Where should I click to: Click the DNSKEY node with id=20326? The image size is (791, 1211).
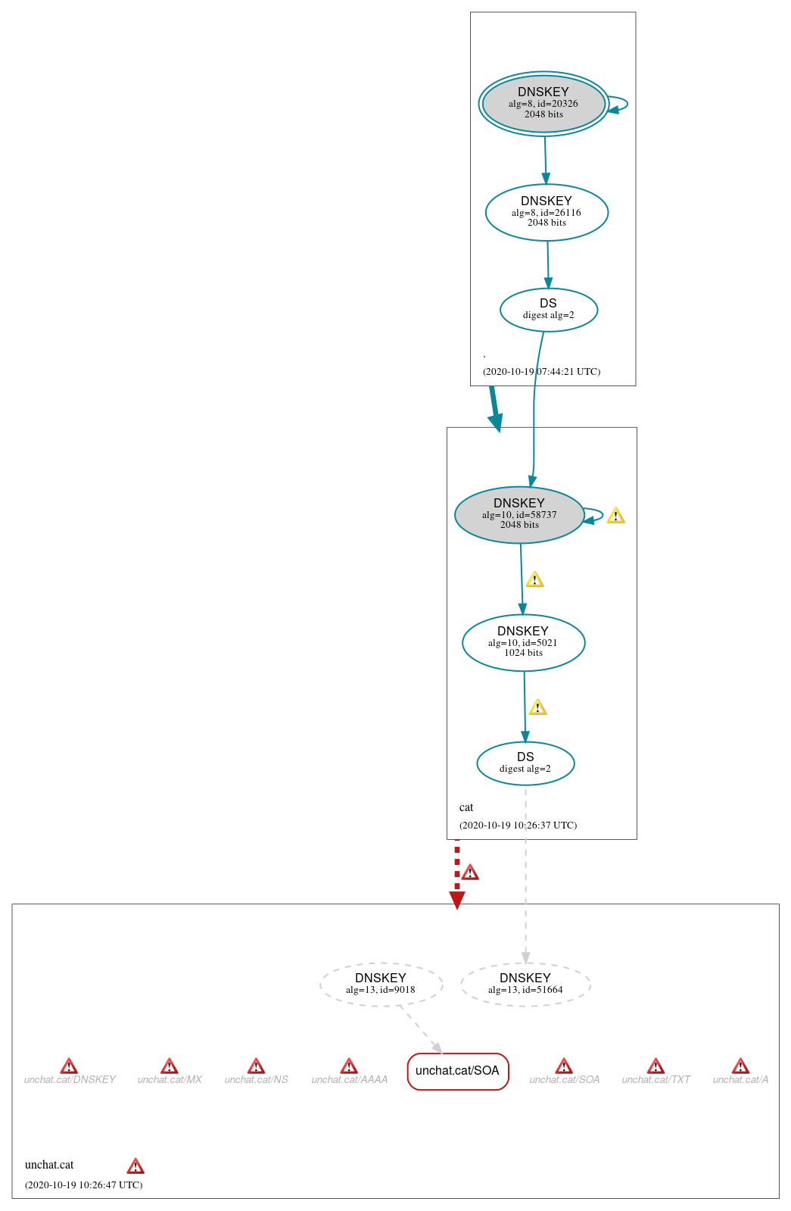[x=543, y=104]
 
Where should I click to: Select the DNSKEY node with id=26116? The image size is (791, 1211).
[x=547, y=212]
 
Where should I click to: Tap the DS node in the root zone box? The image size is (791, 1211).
[x=548, y=309]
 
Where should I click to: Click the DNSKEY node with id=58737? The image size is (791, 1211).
[x=519, y=514]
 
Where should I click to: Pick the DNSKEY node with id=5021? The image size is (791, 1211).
[x=523, y=642]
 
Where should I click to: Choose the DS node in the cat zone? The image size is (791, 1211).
[x=525, y=763]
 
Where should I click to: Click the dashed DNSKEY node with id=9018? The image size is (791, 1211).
[x=381, y=984]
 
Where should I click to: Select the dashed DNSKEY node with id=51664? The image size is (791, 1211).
[x=525, y=984]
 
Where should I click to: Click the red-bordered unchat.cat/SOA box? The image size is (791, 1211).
[x=457, y=1071]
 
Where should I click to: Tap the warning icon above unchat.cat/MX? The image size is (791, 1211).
[x=170, y=1066]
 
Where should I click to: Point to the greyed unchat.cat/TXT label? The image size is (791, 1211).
[x=656, y=1080]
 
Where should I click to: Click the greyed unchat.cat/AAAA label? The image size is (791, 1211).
[x=349, y=1080]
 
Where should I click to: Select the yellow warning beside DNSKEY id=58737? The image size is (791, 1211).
[x=615, y=516]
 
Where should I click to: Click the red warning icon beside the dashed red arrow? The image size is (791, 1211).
[x=470, y=872]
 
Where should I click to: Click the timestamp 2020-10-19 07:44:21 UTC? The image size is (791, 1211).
[x=541, y=372]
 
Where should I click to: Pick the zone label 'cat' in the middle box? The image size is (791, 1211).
[x=466, y=807]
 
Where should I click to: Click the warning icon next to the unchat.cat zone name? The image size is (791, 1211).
[x=135, y=1166]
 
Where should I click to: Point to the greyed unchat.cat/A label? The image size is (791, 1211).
[x=740, y=1080]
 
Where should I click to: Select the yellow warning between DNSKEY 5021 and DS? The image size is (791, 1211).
[x=537, y=707]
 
